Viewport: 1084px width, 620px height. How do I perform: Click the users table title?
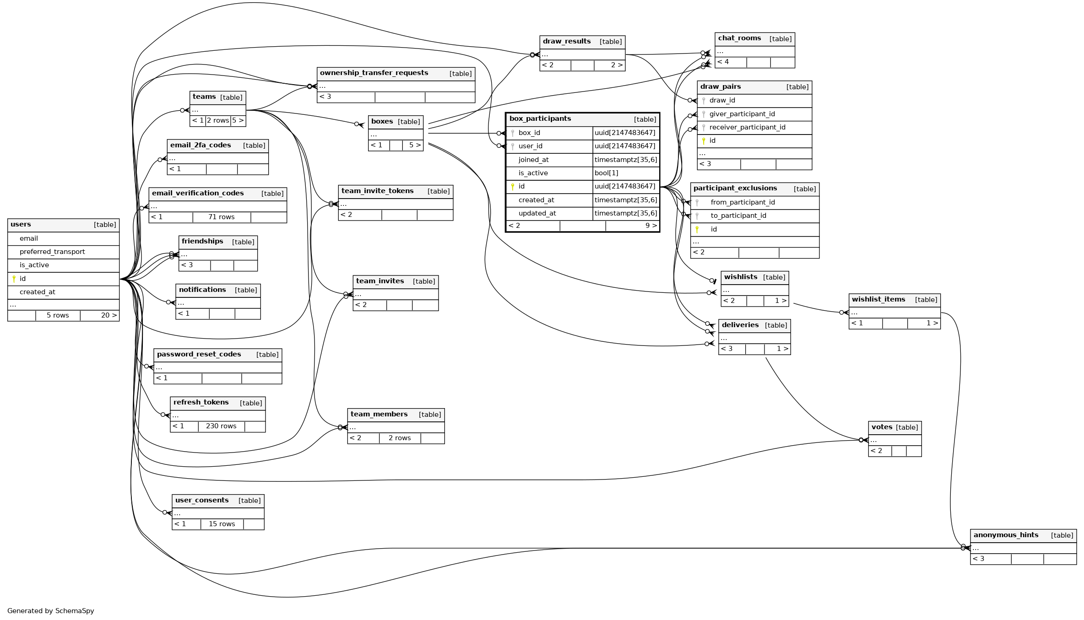21,224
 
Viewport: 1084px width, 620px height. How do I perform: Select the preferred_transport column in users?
52,252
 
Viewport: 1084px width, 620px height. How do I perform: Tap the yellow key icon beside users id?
14,279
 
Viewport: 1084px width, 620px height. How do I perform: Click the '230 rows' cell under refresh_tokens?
221,426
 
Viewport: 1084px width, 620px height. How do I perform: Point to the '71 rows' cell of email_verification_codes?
221,217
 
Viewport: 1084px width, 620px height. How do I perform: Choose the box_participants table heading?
540,119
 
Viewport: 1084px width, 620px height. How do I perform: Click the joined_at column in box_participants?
533,160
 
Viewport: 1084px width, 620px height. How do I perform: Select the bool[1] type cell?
607,173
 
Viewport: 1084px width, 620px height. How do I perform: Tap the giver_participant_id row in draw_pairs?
742,114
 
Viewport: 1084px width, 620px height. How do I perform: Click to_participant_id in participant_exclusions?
738,216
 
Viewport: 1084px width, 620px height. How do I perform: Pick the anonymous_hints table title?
1006,535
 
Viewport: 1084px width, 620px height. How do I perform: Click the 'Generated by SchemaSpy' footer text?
51,611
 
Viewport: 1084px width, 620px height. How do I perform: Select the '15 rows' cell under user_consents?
222,524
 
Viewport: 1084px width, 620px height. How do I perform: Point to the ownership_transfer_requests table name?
374,73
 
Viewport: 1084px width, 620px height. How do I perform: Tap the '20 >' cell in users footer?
108,315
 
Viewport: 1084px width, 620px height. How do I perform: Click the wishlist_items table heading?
878,299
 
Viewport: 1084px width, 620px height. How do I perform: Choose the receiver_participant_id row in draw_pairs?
747,127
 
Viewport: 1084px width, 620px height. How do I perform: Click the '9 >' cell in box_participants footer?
650,226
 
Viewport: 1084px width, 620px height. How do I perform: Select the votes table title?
882,427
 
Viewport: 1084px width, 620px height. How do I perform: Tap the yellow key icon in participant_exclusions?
697,229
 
